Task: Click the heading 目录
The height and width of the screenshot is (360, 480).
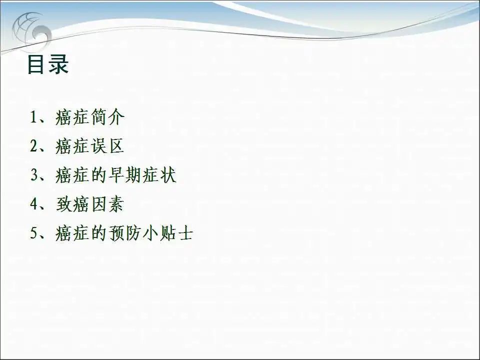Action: (x=48, y=64)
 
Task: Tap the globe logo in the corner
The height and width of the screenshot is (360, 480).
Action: (x=31, y=31)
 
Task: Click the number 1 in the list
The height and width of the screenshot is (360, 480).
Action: (x=33, y=117)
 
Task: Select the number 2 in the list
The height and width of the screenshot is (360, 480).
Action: (x=33, y=145)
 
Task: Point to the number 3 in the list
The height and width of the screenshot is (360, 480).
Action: (x=34, y=175)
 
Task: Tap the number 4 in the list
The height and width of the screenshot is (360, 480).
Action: (x=33, y=204)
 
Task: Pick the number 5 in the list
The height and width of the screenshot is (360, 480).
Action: (x=33, y=233)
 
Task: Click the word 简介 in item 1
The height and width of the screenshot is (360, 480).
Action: (x=107, y=117)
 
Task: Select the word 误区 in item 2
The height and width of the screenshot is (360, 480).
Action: (x=107, y=145)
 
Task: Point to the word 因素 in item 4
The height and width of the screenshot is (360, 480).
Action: (x=107, y=204)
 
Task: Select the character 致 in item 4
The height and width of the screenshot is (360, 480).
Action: (x=64, y=204)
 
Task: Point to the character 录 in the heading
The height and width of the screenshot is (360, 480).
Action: (x=59, y=64)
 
